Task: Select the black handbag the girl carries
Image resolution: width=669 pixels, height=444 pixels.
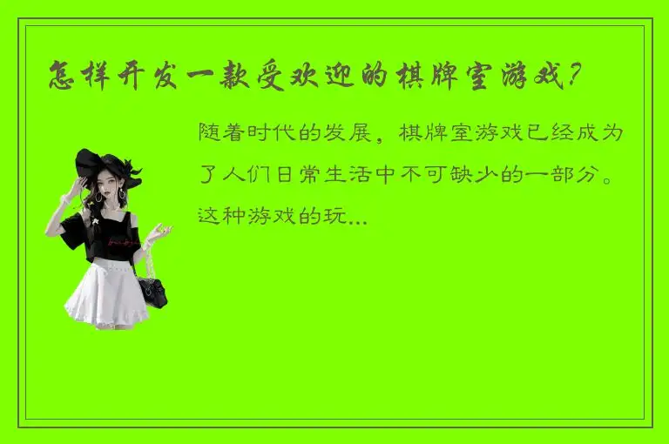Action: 153,290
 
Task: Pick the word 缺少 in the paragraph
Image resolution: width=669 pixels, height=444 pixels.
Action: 470,176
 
